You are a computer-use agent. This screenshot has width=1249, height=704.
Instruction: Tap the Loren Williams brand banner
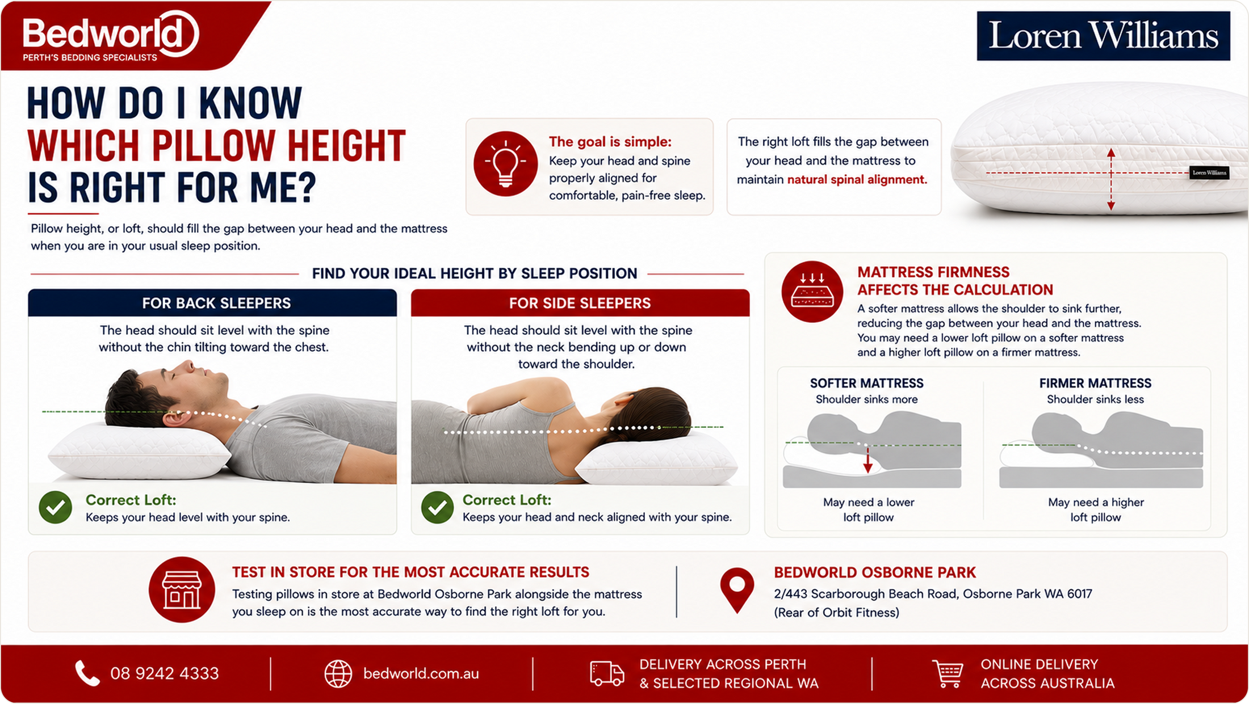[1103, 36]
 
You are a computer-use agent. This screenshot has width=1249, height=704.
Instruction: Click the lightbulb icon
[505, 164]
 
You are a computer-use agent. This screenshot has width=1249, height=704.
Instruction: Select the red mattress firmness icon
[812, 292]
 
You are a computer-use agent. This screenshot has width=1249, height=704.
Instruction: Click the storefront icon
[182, 589]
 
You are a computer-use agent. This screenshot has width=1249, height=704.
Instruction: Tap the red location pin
[737, 590]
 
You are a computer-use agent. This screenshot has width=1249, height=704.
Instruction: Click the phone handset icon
[87, 673]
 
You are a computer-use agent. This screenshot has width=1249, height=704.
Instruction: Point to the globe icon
[338, 674]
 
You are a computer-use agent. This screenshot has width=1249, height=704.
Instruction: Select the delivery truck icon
[607, 673]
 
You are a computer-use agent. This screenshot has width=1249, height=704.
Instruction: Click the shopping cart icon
[948, 673]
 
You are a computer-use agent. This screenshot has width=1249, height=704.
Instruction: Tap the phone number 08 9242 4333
[165, 673]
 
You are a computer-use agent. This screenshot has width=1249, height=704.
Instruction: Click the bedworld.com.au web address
[421, 673]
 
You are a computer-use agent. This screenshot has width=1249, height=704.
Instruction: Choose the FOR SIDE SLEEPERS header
[580, 303]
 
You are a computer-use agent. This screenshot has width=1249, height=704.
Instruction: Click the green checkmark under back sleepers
[56, 507]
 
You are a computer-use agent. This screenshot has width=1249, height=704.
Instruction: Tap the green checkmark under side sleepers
[437, 507]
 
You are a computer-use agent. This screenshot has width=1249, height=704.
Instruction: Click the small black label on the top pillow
[1209, 172]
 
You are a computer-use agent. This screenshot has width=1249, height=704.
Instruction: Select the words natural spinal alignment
[857, 180]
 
